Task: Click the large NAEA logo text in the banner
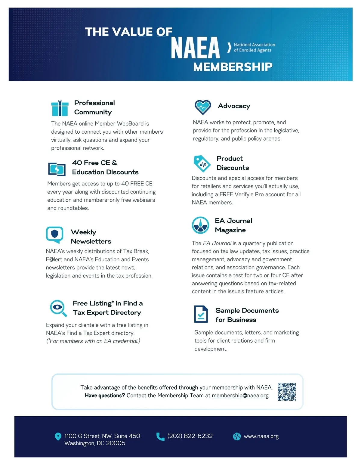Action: [196, 48]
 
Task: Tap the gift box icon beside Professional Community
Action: [60, 108]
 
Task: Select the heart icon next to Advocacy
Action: [203, 107]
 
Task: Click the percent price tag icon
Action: [202, 164]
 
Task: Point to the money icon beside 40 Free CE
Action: [57, 169]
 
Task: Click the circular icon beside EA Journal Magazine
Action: [200, 225]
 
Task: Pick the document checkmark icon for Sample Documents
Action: [201, 314]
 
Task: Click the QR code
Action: [287, 392]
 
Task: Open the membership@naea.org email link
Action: [240, 396]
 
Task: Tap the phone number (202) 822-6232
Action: [190, 436]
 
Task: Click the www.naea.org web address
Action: [261, 436]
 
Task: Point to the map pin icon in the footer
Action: [58, 436]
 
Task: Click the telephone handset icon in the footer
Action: [160, 436]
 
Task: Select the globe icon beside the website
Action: [237, 436]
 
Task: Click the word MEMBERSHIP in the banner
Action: [233, 67]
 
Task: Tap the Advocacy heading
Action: [234, 106]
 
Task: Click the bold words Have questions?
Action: [105, 396]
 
